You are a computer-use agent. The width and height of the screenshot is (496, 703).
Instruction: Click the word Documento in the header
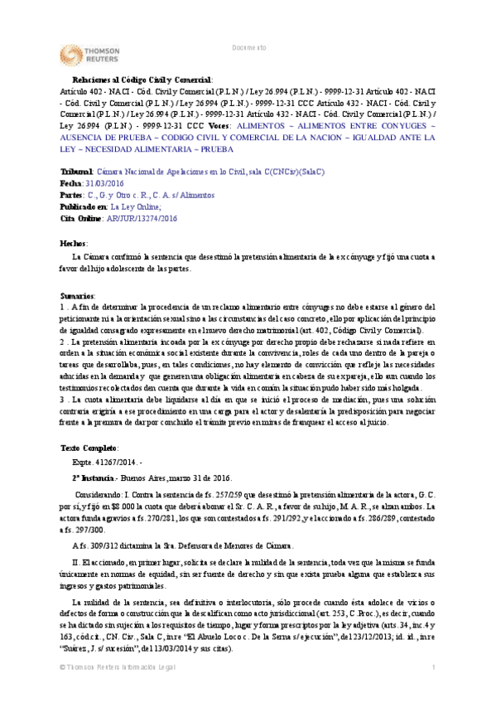click(x=248, y=48)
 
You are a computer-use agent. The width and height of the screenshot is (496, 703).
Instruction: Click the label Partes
click(x=73, y=194)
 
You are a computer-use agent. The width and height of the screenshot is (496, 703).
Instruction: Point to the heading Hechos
click(x=74, y=244)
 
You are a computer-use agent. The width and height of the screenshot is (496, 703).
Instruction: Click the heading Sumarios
click(x=78, y=296)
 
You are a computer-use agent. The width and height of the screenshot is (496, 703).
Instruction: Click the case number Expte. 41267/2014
click(x=108, y=461)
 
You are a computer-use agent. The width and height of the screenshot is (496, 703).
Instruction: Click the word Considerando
click(x=104, y=494)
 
